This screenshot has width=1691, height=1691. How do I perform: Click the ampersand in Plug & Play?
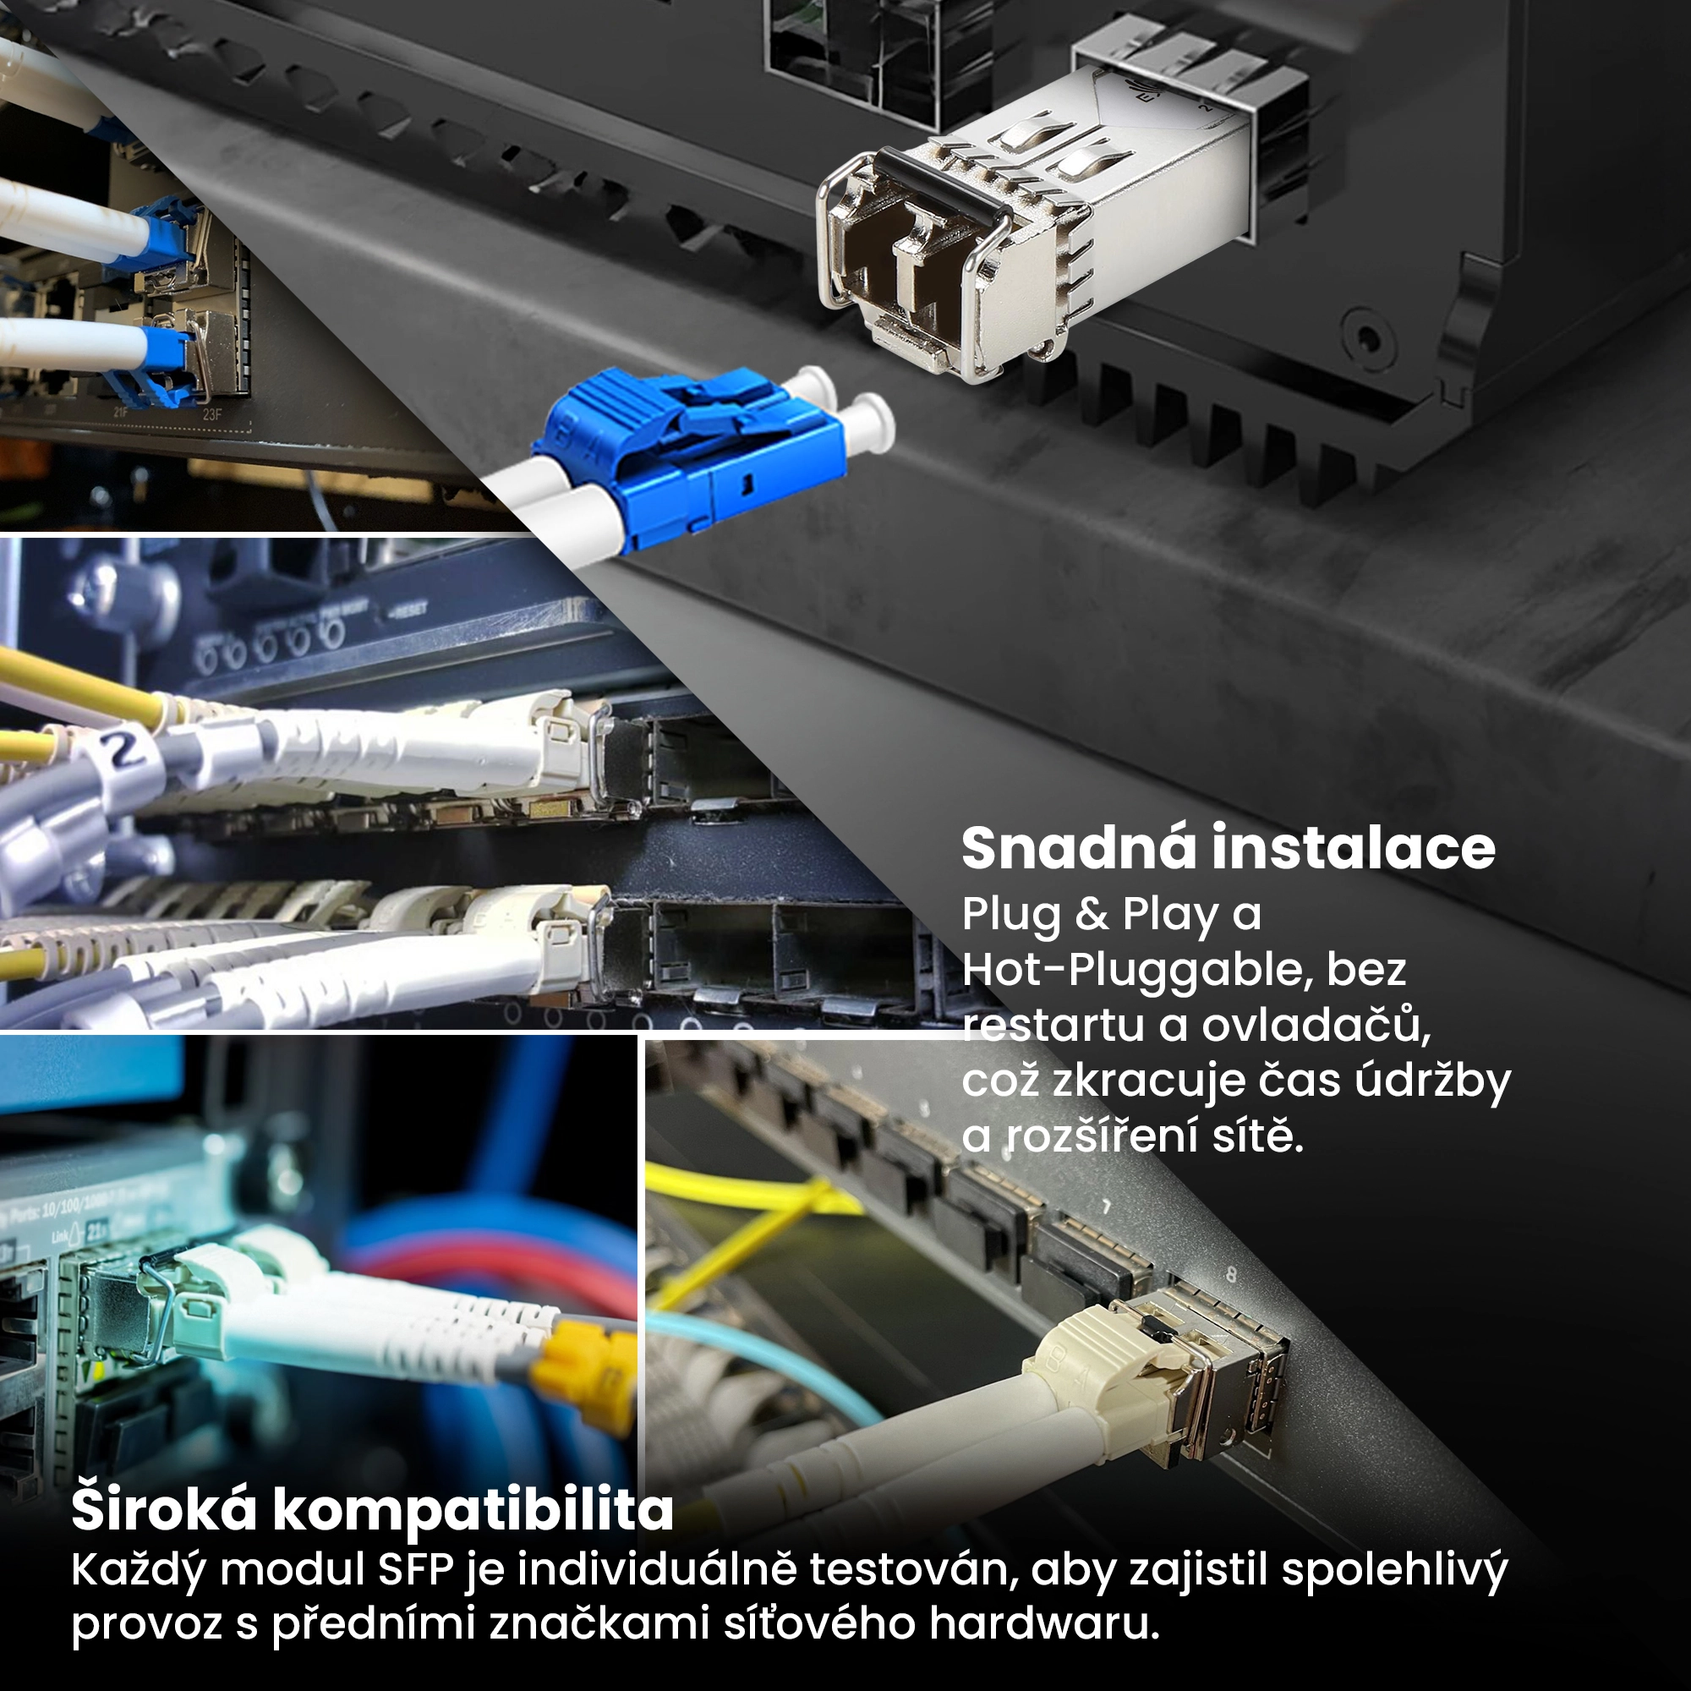1092,914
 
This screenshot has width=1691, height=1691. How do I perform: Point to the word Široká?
165,1509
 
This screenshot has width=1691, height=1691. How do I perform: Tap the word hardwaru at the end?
1044,1623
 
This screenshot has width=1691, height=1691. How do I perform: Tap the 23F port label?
212,414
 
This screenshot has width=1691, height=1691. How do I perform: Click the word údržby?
1432,1082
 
